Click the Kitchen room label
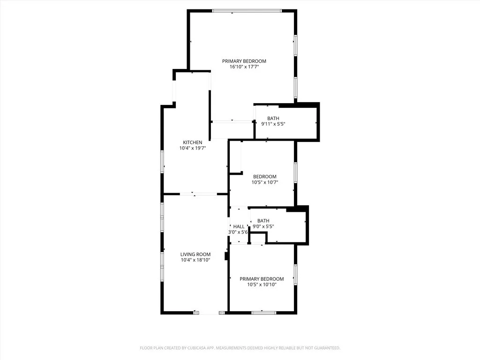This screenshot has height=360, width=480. click(192, 142)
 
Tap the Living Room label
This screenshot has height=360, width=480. click(195, 255)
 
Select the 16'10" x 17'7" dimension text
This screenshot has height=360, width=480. click(244, 67)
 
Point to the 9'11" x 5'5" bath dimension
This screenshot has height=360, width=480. click(273, 124)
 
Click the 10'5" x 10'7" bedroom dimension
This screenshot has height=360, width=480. click(265, 182)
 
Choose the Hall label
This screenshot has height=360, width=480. click(239, 226)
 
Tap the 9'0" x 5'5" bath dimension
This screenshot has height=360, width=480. click(263, 226)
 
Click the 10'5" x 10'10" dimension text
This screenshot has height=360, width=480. click(262, 285)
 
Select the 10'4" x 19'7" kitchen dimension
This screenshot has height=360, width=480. click(193, 148)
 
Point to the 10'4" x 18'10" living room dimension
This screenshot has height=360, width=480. click(195, 260)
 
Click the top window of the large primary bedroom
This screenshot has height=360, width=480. click(247, 11)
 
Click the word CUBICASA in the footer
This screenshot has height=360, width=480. click(188, 348)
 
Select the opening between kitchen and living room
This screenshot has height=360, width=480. click(195, 194)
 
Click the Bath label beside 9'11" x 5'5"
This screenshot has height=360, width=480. click(273, 118)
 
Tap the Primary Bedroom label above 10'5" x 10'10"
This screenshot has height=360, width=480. click(262, 279)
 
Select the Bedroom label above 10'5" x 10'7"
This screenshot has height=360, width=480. click(265, 177)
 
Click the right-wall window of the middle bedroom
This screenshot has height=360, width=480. click(295, 172)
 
